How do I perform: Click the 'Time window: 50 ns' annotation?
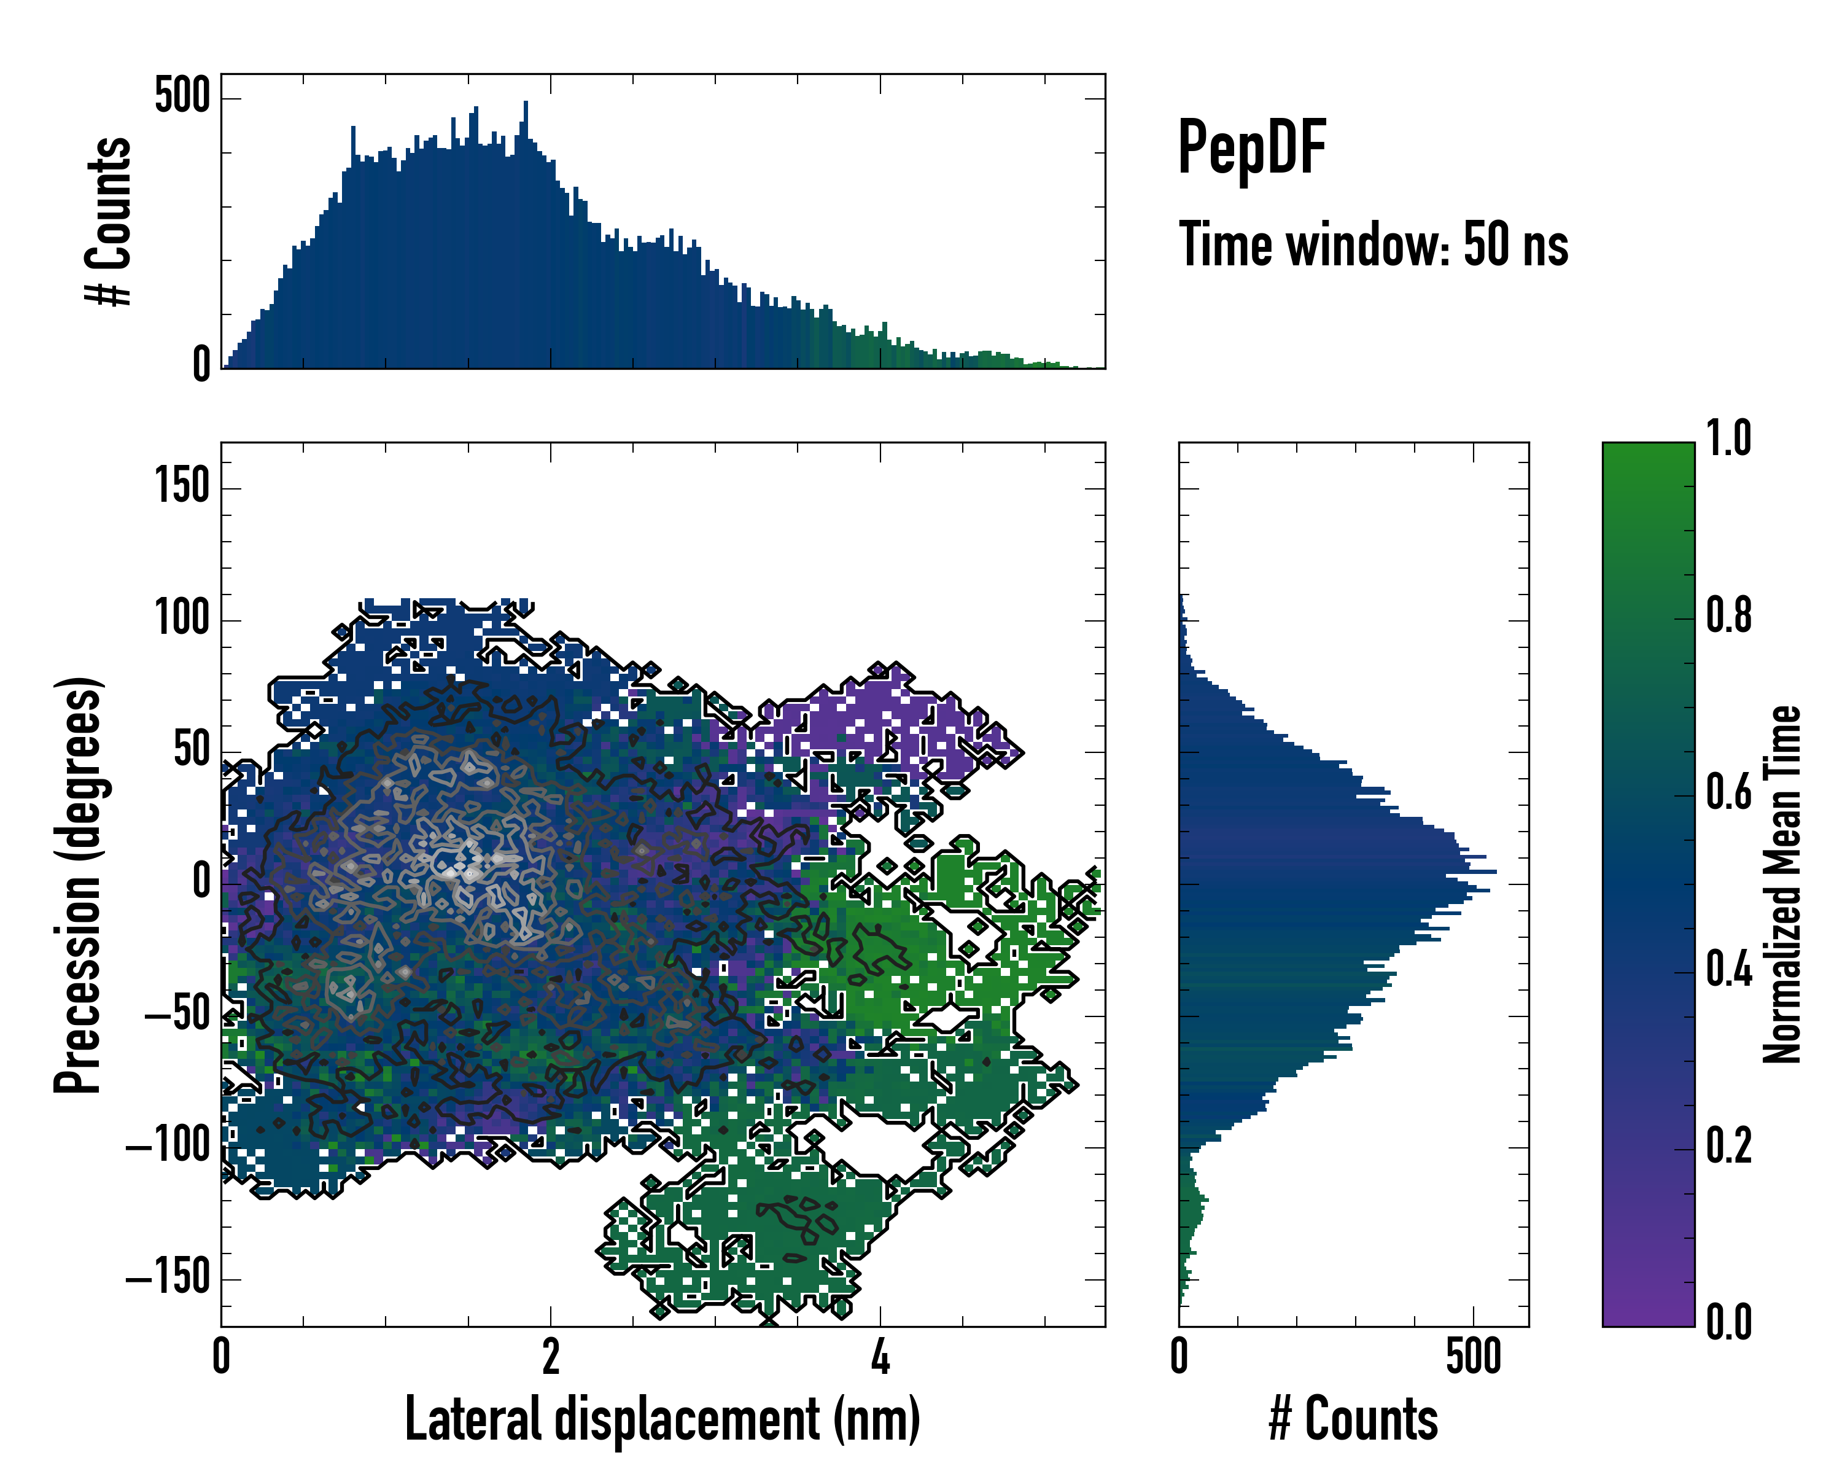[1373, 244]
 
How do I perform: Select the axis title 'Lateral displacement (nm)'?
[662, 1419]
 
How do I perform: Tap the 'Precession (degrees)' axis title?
[79, 884]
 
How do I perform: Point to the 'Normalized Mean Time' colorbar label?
[1782, 884]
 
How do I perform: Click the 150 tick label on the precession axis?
[182, 488]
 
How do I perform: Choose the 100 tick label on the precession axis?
[182, 620]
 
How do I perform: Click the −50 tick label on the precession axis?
[177, 1015]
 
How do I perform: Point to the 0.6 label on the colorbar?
[1728, 792]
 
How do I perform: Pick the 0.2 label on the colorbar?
[1728, 1146]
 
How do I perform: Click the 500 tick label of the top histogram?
[182, 96]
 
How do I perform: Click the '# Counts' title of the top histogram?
[109, 221]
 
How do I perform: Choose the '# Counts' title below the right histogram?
[1353, 1419]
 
